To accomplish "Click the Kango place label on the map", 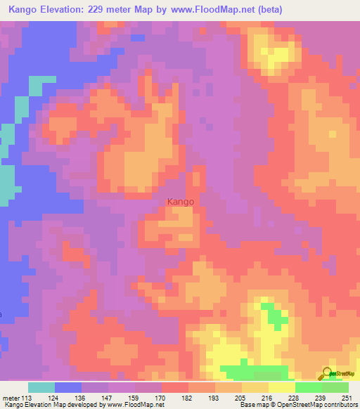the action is [x=181, y=202].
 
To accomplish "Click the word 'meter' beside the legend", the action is [x=11, y=397].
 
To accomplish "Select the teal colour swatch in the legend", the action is [x=41, y=387].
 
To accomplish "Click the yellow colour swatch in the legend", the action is [x=281, y=387].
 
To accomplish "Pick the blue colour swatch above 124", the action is [x=68, y=387].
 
